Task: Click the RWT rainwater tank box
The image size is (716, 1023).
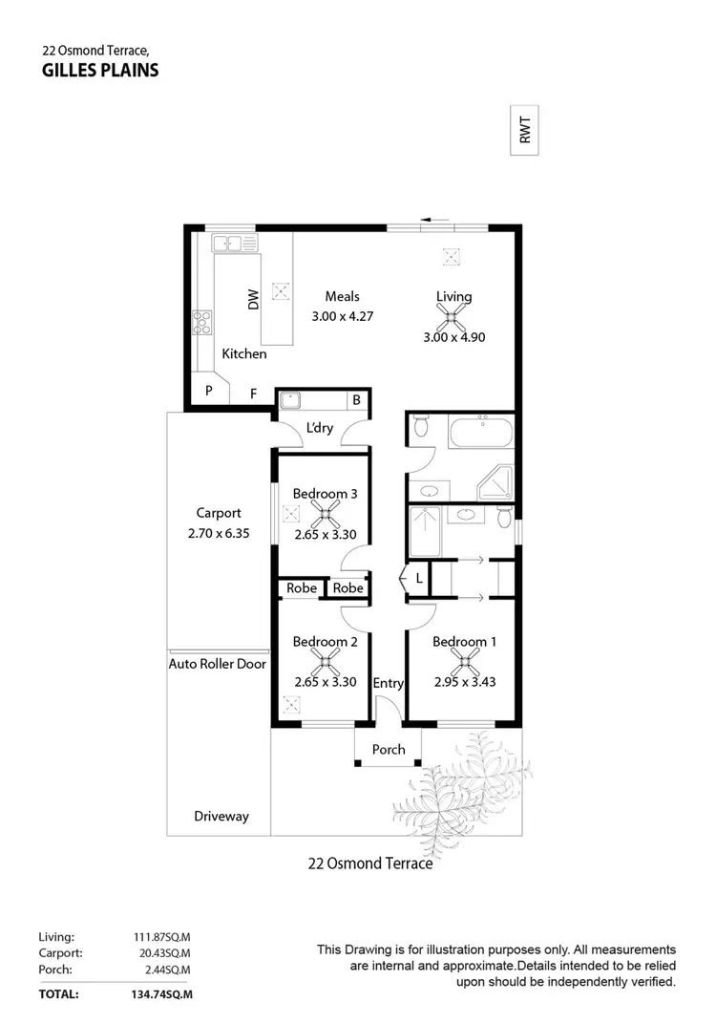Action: point(524,129)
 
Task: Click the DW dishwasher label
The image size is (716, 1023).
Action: point(254,300)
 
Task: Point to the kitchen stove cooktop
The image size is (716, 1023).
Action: point(202,322)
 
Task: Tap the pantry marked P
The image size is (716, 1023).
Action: point(208,390)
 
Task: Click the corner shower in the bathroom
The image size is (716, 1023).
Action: point(496,483)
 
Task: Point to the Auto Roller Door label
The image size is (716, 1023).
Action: point(218,663)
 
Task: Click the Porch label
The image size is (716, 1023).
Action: point(389,750)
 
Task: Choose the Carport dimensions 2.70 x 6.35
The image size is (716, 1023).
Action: point(219,534)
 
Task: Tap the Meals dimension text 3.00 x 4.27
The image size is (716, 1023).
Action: point(342,316)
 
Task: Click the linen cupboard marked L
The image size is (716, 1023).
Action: point(418,579)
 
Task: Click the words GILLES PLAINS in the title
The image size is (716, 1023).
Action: point(100,70)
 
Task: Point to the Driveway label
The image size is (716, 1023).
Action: point(221,816)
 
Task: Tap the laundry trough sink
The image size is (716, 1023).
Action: point(291,400)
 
